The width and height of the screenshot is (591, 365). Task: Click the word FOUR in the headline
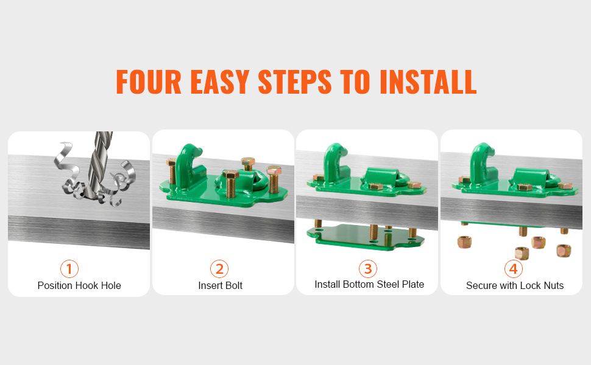click(149, 82)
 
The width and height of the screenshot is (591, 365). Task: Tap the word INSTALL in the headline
click(428, 82)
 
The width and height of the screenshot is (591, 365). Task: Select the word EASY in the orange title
click(220, 82)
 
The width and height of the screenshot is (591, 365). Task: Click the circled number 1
click(69, 269)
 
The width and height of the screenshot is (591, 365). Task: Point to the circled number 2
click(219, 269)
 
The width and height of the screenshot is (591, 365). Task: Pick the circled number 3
click(368, 269)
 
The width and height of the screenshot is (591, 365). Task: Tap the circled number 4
click(514, 269)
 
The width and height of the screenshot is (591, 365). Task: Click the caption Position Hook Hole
click(79, 285)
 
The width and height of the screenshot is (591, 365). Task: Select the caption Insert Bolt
click(220, 285)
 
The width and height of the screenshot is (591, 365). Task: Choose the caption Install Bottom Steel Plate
click(369, 285)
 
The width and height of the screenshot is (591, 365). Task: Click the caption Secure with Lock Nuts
click(515, 285)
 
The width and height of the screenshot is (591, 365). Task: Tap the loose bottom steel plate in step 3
click(366, 237)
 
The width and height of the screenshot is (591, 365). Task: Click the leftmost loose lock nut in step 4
click(464, 242)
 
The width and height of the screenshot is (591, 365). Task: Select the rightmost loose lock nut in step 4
click(564, 251)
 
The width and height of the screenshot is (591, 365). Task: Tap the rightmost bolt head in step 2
click(274, 170)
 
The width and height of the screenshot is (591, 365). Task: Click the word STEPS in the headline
click(295, 82)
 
